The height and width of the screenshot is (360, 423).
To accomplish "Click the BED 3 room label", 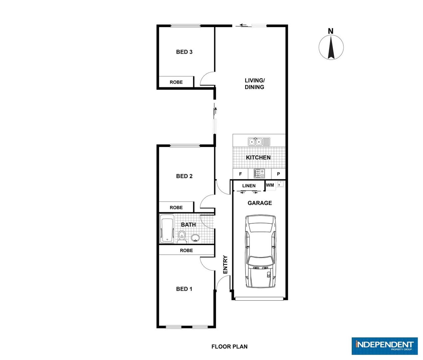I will point(184,52).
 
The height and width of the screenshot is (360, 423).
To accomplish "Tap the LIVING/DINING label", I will point(254,84).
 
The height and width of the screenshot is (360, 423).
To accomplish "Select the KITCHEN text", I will point(258,157).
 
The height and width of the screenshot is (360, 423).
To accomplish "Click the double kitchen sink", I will point(259,142).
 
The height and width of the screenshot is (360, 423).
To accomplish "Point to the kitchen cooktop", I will point(259,173).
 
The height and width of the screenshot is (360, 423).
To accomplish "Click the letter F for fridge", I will point(240,174).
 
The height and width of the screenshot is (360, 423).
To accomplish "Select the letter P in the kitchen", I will point(278,174).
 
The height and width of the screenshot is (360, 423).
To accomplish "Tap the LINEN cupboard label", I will point(249,186).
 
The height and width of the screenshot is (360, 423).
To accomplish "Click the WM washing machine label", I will point(270,185).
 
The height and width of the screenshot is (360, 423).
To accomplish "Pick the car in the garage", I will point(261,252).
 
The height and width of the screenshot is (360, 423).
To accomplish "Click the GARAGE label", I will point(260,203).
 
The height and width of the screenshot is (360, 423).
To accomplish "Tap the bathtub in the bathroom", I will point(167,229).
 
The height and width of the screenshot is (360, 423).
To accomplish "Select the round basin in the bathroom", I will point(195,238).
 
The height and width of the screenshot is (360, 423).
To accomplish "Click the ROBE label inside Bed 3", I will point(176,82).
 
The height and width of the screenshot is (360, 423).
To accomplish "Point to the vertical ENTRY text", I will point(225,265).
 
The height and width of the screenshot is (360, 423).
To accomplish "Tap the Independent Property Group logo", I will point(384,346).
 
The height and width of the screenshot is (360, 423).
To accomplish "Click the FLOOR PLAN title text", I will point(229,347).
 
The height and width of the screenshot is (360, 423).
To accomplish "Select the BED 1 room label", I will point(184,289).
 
